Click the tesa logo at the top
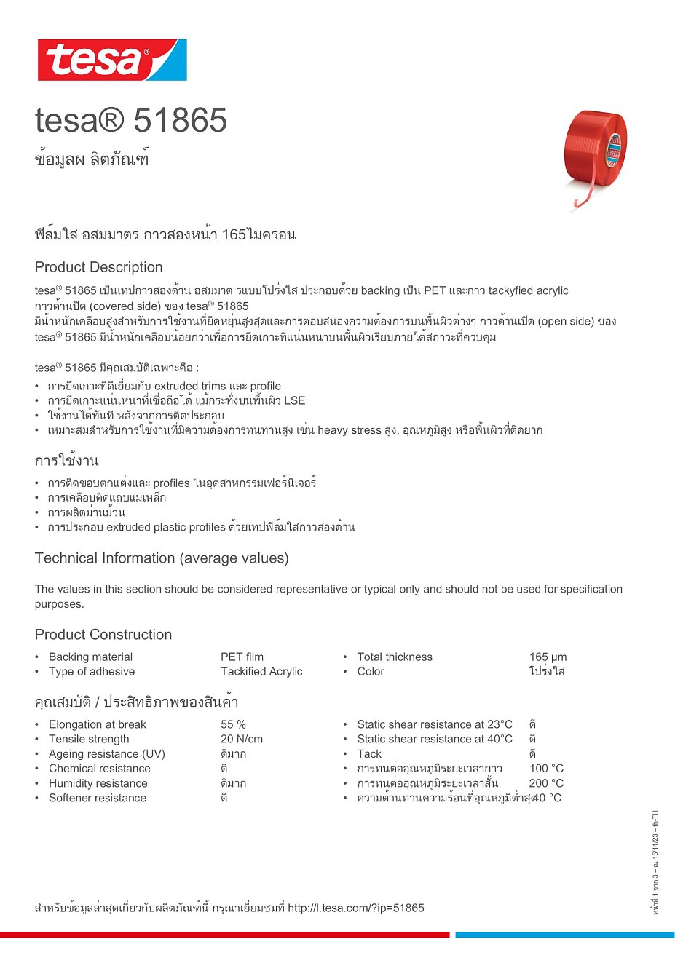tap(112, 60)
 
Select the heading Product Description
tap(98, 267)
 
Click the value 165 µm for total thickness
tap(548, 657)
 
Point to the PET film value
tap(242, 657)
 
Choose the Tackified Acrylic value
tap(261, 671)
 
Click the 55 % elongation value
tap(233, 724)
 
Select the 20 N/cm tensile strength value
tap(242, 739)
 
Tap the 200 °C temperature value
tap(546, 783)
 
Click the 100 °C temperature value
tap(546, 769)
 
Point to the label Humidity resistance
tap(98, 783)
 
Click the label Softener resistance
tap(97, 798)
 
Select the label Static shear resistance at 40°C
tap(434, 739)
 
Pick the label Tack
tap(369, 754)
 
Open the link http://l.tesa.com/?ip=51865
tap(355, 908)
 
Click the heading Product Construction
tap(103, 635)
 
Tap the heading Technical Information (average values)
tap(162, 558)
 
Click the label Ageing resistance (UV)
tap(106, 754)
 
